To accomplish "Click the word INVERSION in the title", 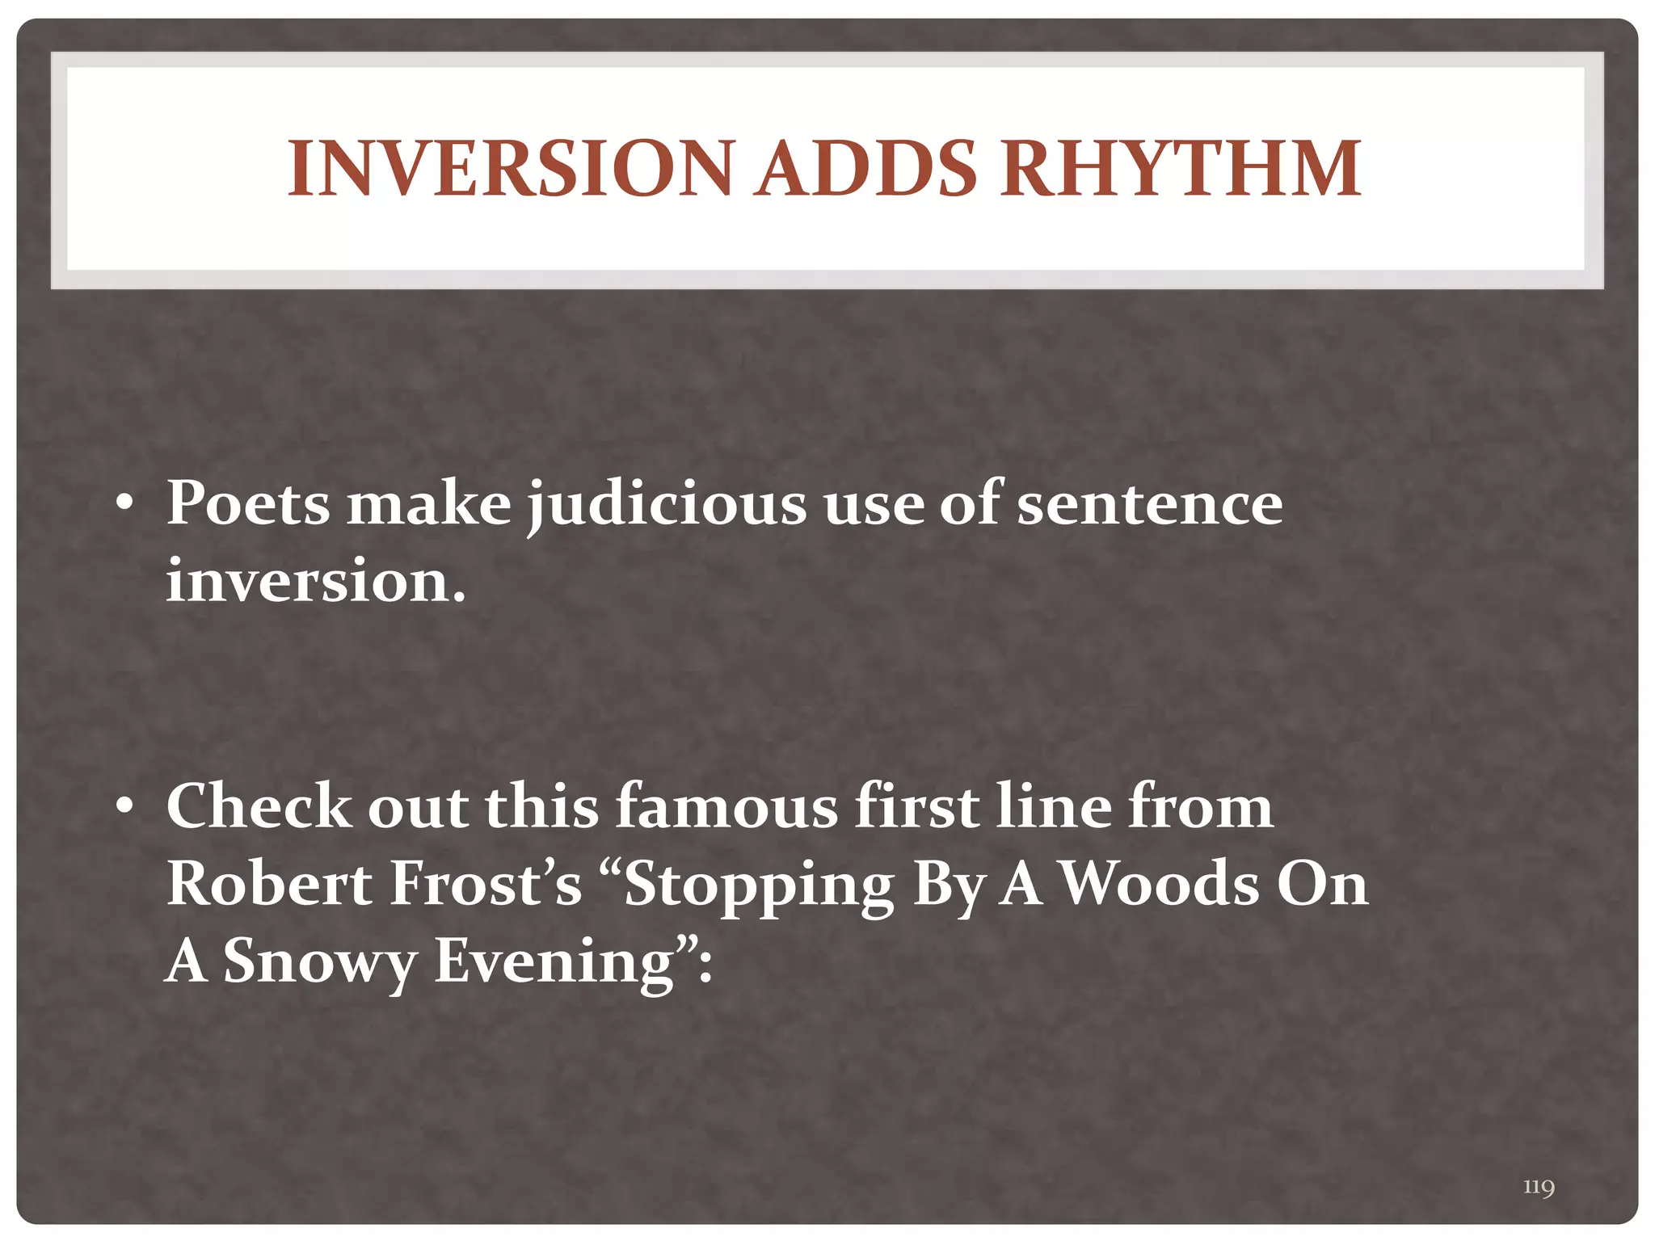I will click(x=509, y=169).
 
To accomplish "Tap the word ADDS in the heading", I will click(x=865, y=169).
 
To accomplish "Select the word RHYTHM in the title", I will click(x=1181, y=169).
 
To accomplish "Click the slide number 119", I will click(x=1539, y=1187).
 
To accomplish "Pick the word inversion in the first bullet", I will click(x=315, y=580).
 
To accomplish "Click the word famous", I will click(x=726, y=806).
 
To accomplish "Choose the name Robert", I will click(x=269, y=883).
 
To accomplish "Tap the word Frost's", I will click(x=486, y=883).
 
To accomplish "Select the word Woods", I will click(x=1159, y=883).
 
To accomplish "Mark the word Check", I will click(x=259, y=806).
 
